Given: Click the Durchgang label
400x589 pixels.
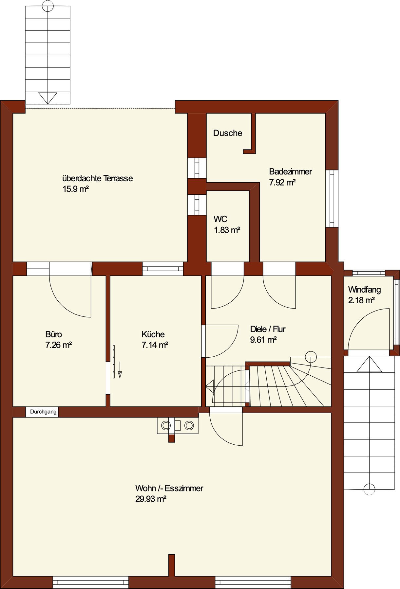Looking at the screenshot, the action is click(43, 412).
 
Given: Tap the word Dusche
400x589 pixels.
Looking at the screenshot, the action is click(228, 133).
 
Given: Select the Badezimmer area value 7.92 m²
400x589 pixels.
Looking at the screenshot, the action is click(282, 182).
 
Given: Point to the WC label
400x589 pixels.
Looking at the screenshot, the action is click(220, 219).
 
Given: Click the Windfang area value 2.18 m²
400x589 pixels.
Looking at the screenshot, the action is click(361, 300).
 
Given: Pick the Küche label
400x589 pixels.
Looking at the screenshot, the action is click(153, 334).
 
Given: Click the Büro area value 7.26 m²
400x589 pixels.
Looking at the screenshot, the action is click(59, 345).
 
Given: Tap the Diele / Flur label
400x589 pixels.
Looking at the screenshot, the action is click(268, 329).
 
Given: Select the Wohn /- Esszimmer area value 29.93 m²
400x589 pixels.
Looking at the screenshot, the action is click(151, 499).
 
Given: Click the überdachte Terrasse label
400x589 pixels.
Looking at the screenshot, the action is click(98, 178).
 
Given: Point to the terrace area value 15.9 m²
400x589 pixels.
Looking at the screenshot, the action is click(76, 189).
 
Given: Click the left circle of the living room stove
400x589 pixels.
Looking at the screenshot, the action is click(166, 425).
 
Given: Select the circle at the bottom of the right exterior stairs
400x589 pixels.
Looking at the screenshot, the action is click(369, 489).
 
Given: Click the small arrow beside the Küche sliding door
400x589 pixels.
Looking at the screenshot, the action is click(120, 370).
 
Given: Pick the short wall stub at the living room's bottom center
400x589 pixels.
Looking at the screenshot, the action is click(172, 565).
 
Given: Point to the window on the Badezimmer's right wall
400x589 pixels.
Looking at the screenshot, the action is click(332, 198).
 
